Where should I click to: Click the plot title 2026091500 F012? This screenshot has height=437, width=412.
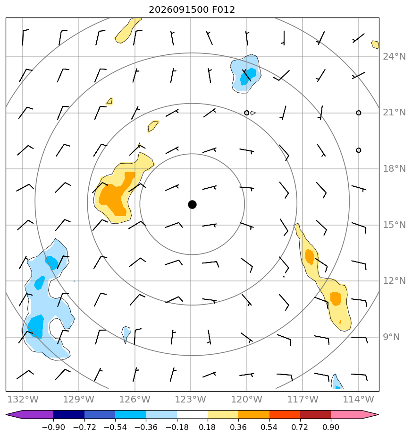[x=192, y=10]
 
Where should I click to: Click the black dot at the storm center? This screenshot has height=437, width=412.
[x=192, y=205]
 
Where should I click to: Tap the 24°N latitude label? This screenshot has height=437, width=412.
[x=394, y=57]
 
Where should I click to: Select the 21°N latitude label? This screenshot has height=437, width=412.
[x=394, y=113]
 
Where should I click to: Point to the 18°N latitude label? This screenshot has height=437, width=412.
[x=394, y=169]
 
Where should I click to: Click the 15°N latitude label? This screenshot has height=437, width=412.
[x=394, y=225]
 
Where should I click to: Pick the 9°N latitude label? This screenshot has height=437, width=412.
[x=391, y=337]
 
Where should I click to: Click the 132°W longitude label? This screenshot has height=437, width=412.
[x=23, y=400]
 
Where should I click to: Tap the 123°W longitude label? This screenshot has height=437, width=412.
[x=191, y=400]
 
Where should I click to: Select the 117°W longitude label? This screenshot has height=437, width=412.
[x=303, y=400]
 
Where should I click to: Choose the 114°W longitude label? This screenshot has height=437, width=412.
[x=359, y=400]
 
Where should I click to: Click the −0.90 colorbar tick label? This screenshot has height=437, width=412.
[x=53, y=427]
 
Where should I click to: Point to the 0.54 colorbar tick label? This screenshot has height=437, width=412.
[x=269, y=427]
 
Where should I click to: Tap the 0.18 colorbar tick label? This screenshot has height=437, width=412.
[x=208, y=427]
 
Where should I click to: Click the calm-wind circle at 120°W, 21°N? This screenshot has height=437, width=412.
[x=246, y=113]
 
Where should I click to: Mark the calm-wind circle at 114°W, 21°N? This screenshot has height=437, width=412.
[x=359, y=113]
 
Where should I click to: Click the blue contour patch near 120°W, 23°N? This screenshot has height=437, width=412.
[x=245, y=74]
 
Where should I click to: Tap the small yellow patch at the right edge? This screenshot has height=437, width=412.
[x=375, y=44]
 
